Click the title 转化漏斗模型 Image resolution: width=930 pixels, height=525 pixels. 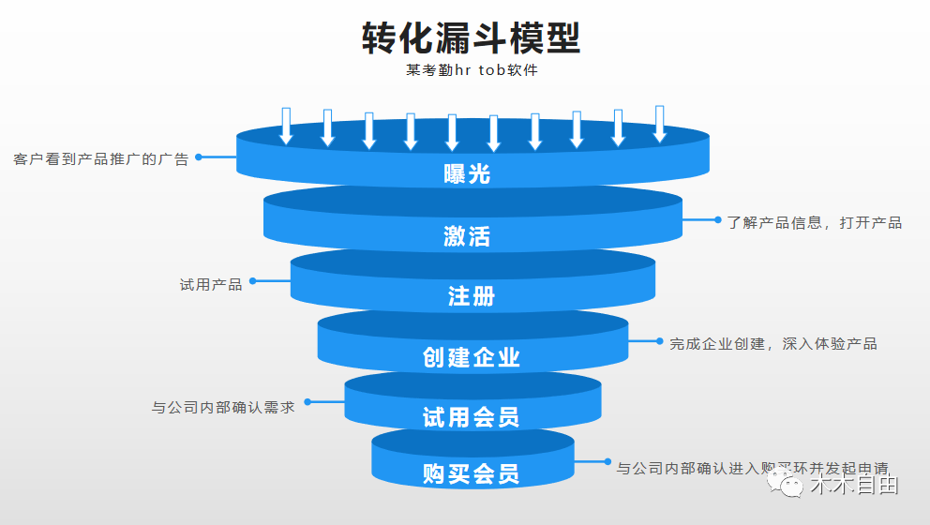(x=472, y=37)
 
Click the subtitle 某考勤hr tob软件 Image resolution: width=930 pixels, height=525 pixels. (x=472, y=70)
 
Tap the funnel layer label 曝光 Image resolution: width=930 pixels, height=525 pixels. (x=466, y=173)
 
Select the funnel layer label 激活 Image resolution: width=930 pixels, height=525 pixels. (x=466, y=235)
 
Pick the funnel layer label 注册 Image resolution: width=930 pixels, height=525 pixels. (x=471, y=296)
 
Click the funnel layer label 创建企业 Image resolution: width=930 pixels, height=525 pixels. (x=471, y=357)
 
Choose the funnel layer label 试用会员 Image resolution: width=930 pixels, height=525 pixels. (x=471, y=416)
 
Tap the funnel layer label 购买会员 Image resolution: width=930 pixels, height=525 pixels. (x=471, y=473)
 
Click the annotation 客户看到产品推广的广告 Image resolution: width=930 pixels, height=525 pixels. (x=101, y=158)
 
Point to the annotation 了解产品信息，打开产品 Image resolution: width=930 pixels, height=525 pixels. (x=814, y=222)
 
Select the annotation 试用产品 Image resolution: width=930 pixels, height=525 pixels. (x=211, y=284)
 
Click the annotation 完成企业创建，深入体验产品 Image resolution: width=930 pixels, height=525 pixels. (x=772, y=344)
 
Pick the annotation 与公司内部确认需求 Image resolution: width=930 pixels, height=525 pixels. (x=223, y=407)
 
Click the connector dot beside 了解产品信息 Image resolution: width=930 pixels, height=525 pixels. (x=718, y=219)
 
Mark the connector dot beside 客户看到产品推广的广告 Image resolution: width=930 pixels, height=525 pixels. (x=198, y=157)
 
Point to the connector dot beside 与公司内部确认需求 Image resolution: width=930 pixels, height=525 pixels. (x=307, y=402)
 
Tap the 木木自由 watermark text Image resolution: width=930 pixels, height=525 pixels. (x=854, y=486)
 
